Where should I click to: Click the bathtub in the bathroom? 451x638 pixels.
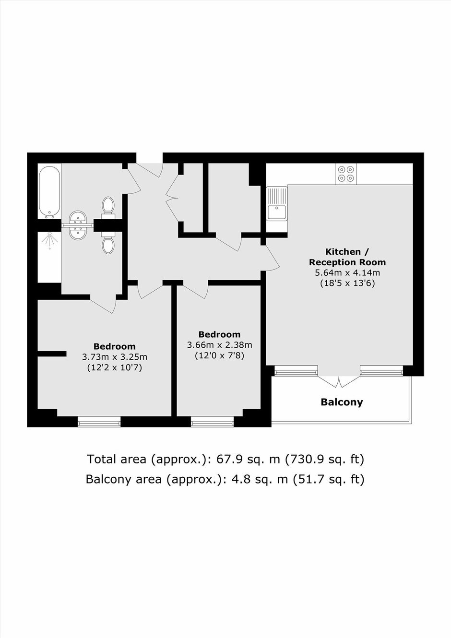click(x=49, y=192)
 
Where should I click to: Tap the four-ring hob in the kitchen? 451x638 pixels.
click(x=345, y=174)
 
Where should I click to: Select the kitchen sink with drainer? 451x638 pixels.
click(x=277, y=203)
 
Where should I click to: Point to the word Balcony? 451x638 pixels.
click(x=342, y=402)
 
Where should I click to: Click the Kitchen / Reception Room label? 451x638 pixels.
click(x=347, y=257)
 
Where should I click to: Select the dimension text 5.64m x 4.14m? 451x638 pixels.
click(x=347, y=273)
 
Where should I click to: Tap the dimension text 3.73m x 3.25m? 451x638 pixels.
click(x=115, y=356)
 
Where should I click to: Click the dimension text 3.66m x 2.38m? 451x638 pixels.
click(x=219, y=345)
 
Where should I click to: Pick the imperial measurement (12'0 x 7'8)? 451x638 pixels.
click(x=219, y=356)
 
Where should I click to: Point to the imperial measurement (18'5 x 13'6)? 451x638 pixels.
click(x=347, y=284)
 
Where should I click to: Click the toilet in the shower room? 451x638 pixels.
click(x=108, y=242)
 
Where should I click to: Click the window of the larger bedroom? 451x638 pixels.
click(x=99, y=421)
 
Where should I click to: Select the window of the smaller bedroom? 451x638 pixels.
click(x=212, y=421)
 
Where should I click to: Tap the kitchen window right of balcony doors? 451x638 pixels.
click(x=381, y=370)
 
